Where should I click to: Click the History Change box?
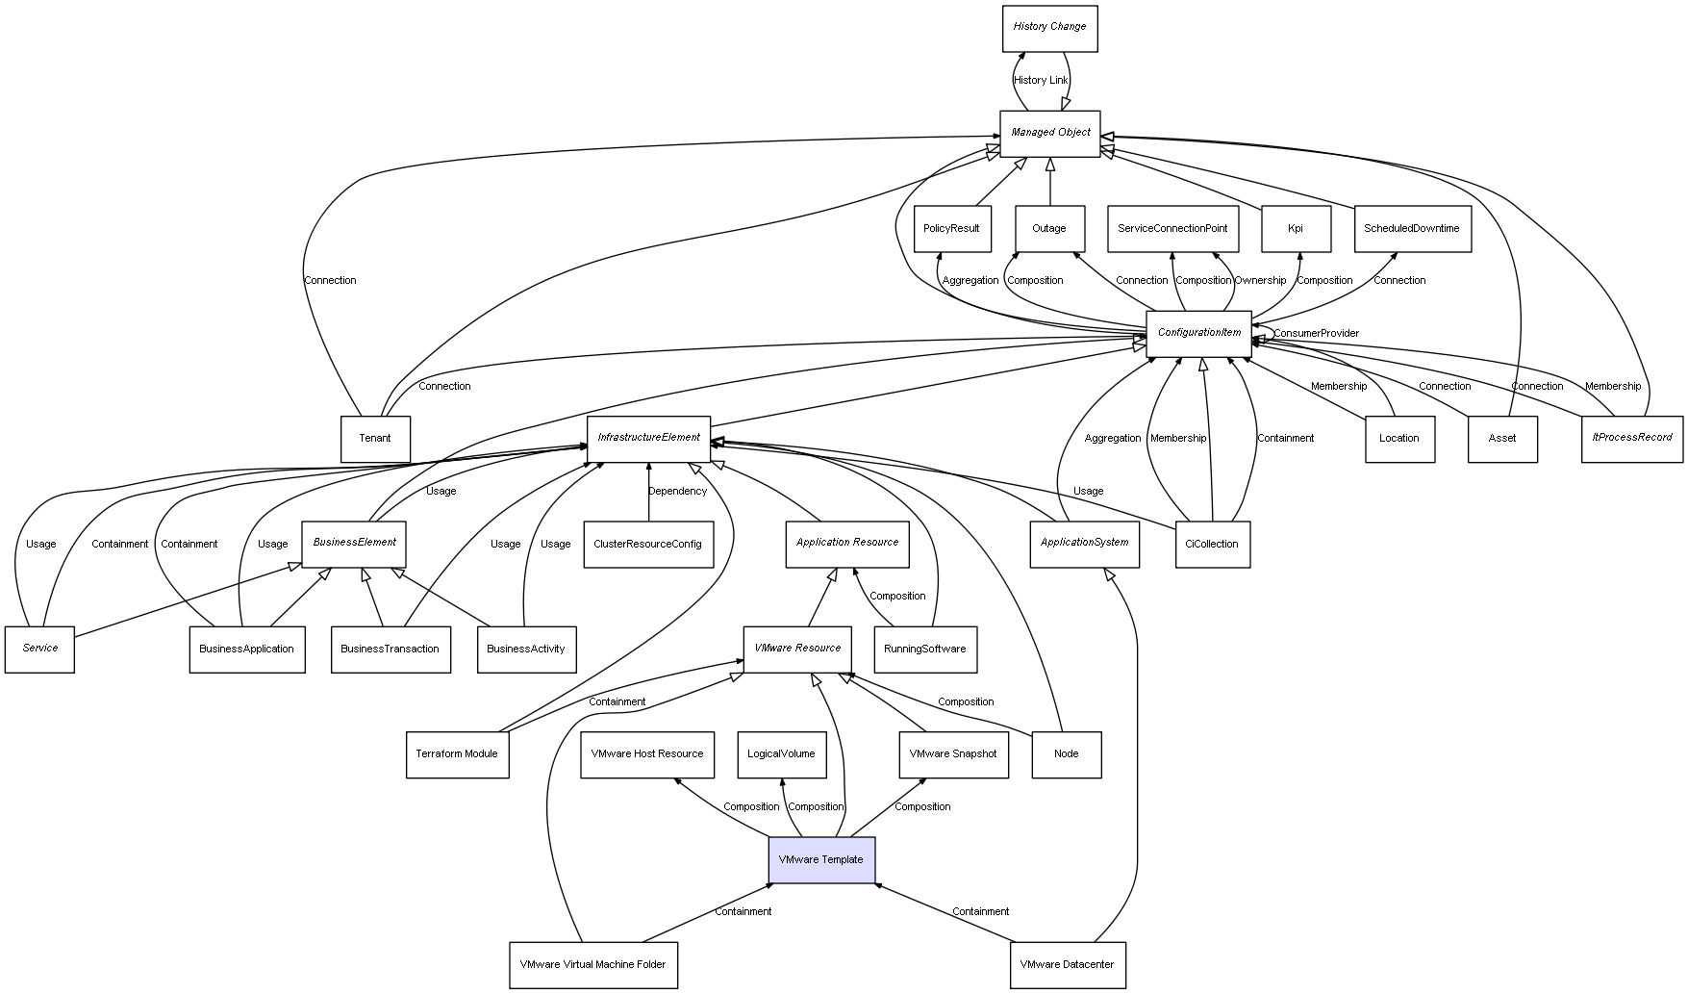tap(1049, 28)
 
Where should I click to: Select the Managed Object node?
tap(1050, 133)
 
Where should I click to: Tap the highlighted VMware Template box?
tap(821, 859)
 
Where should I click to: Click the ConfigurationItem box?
tap(1198, 333)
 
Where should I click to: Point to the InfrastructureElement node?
tap(649, 438)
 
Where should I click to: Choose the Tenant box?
tap(375, 439)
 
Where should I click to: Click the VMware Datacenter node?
tap(1067, 964)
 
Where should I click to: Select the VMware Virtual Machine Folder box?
tap(592, 964)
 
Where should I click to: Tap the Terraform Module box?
tap(457, 754)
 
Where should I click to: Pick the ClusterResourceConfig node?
tap(647, 544)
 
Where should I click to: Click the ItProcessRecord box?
tap(1632, 438)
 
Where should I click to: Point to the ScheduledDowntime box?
tap(1412, 229)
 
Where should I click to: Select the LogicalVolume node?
tap(781, 754)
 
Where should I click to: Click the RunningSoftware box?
tap(925, 649)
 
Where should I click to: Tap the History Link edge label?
tap(1041, 81)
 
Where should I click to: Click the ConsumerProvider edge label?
tap(1317, 334)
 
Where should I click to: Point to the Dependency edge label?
tap(677, 492)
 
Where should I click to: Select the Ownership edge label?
tap(1260, 281)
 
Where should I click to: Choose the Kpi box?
tap(1296, 229)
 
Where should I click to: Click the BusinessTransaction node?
tap(391, 649)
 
